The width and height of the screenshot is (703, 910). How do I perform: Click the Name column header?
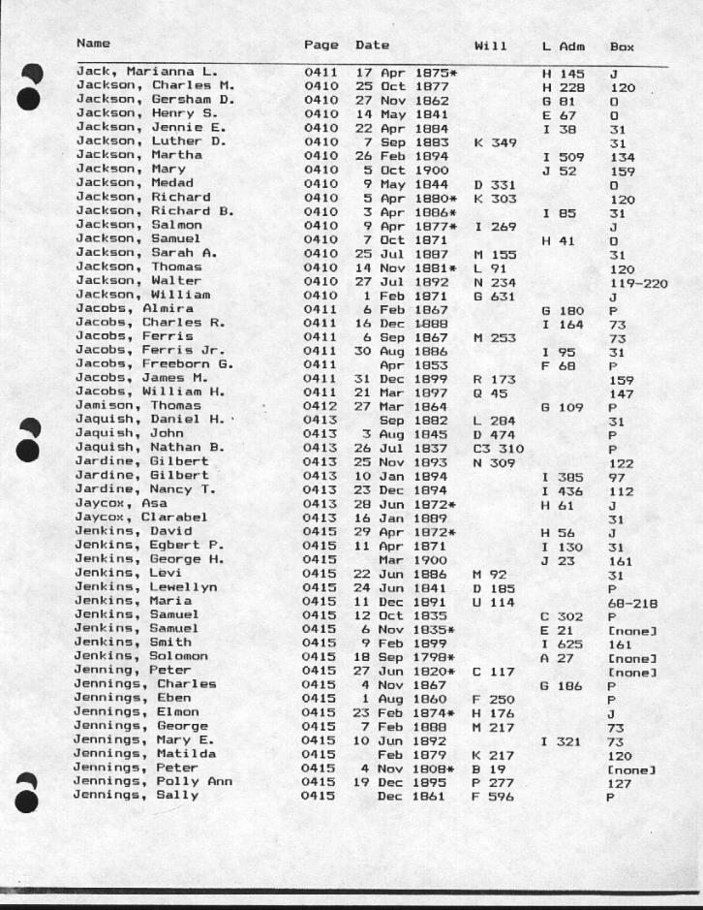coord(93,44)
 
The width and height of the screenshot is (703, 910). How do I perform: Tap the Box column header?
coord(622,46)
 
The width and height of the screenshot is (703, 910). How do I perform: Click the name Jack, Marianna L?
coord(146,71)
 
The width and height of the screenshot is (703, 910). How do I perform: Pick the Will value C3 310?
coord(498,450)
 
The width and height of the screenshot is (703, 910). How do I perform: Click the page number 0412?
coord(321,408)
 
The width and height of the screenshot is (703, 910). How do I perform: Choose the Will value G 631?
coord(494,295)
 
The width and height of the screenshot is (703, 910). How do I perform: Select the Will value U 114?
coord(494,601)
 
